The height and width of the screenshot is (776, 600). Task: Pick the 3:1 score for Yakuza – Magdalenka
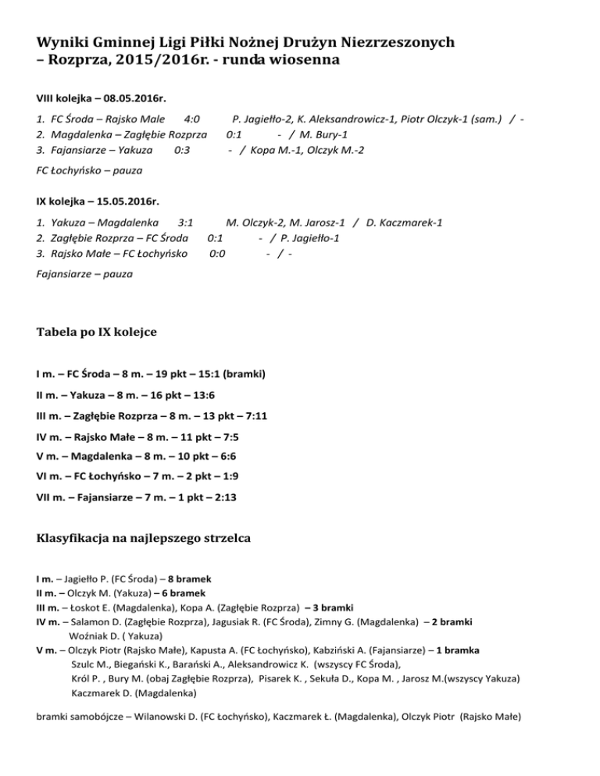[187, 222]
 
